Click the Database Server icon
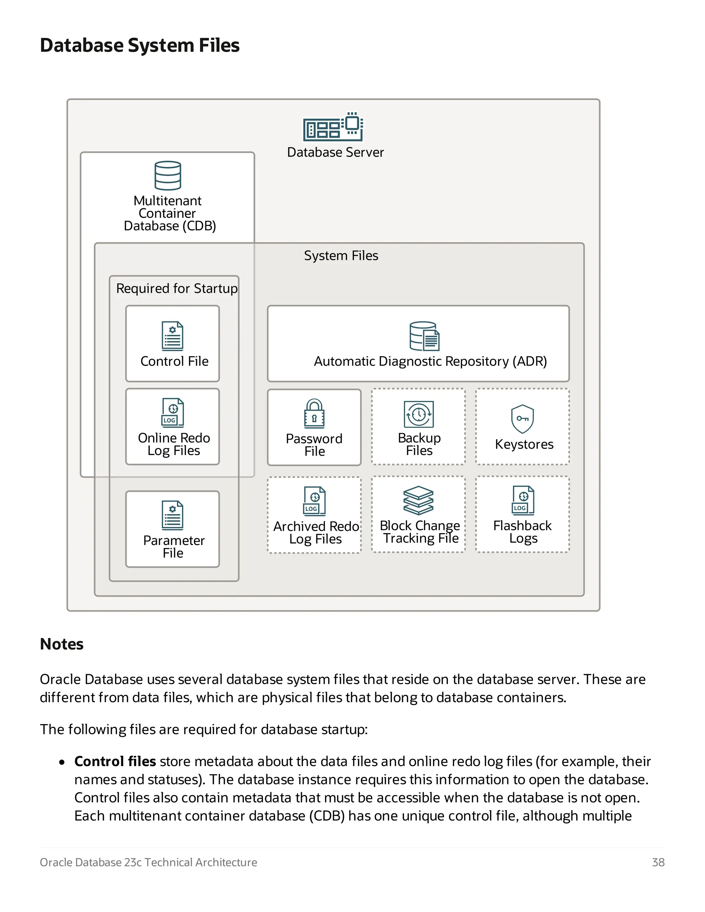tap(333, 127)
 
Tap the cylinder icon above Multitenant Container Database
tap(168, 176)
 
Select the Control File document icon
tap(172, 336)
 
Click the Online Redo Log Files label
tap(174, 444)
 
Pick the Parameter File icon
tap(172, 515)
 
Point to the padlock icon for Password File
tap(314, 413)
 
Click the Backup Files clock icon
tap(419, 414)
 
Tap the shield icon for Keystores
tap(522, 418)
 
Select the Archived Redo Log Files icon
tap(315, 501)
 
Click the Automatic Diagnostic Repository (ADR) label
tap(430, 361)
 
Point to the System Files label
tap(341, 256)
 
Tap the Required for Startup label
tap(177, 288)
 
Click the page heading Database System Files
tap(139, 45)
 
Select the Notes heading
tap(61, 644)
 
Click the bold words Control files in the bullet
tap(115, 761)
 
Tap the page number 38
tap(658, 862)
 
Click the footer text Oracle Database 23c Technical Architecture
tap(148, 862)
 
